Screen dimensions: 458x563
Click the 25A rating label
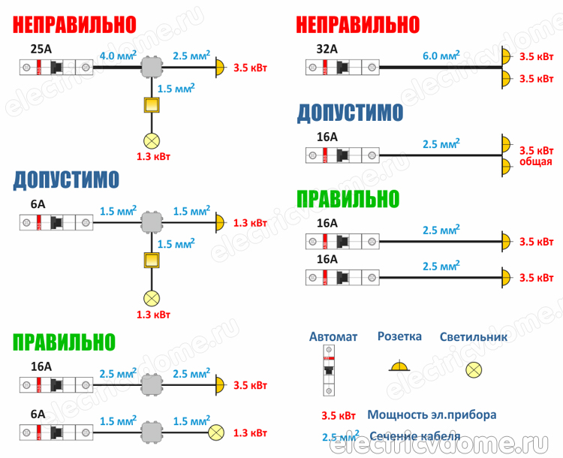41,51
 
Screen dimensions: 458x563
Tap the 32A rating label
328,50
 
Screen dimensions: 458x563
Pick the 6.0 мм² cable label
441,56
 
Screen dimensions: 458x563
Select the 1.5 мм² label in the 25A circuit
176,89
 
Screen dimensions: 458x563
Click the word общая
536,161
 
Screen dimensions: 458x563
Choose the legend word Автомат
333,337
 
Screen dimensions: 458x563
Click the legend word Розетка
399,337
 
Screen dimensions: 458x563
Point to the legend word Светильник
474,337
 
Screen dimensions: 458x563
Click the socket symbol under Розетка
399,367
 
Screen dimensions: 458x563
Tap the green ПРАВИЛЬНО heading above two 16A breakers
348,199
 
